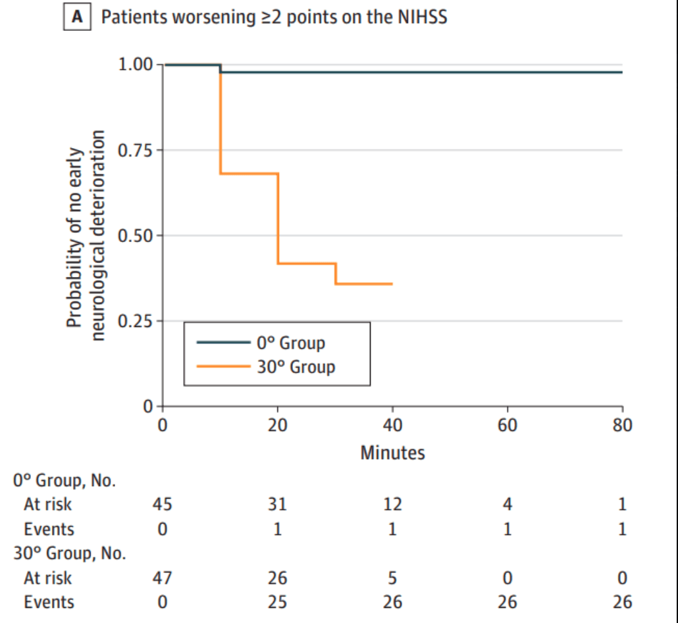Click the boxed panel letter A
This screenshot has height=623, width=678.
pos(77,17)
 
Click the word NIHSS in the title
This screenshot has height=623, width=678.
pos(423,17)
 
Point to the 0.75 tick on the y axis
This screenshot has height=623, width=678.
pos(159,151)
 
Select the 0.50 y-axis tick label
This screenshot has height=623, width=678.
pos(135,236)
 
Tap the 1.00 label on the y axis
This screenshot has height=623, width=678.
pos(136,64)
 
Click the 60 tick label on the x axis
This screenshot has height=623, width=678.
pos(508,426)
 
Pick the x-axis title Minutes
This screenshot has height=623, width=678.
pos(392,453)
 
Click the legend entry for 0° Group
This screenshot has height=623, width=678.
pos(261,343)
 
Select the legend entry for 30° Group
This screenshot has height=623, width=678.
pos(266,367)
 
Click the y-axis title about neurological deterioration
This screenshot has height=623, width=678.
pos(86,235)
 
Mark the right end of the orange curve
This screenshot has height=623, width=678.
pos(392,284)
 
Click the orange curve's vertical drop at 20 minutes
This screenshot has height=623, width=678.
pos(278,218)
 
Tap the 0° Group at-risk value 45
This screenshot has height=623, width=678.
pos(162,504)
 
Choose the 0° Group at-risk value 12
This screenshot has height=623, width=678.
pos(392,504)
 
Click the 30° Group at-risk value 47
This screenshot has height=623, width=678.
pos(162,578)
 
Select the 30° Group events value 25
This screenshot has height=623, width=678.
pos(277,602)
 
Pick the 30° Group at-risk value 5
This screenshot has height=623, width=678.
pos(392,578)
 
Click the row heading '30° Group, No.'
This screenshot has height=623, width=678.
pos(70,553)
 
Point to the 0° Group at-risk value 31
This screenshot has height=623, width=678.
pos(277,504)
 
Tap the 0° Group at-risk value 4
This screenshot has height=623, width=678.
pos(508,504)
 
